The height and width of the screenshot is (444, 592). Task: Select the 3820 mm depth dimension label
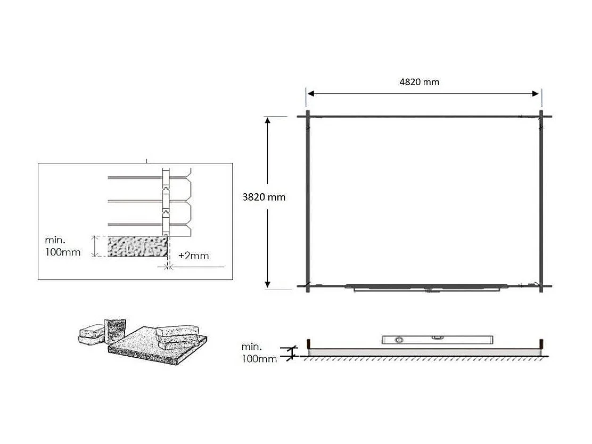[264, 197]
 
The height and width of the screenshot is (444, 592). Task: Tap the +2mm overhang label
[193, 256]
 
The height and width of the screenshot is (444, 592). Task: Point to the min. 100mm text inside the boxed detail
[63, 246]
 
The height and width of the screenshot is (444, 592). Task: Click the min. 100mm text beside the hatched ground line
[259, 353]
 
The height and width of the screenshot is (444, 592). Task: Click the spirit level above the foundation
[438, 340]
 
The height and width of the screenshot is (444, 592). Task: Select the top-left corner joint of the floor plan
[308, 116]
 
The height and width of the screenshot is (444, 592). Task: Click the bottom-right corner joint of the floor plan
[541, 286]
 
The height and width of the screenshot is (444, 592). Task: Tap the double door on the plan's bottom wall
[426, 288]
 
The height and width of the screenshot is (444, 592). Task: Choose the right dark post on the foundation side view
[541, 343]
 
